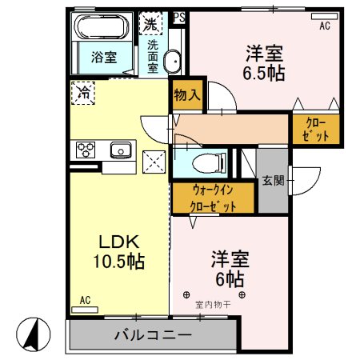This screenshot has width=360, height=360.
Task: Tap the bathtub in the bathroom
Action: pyautogui.click(x=102, y=27)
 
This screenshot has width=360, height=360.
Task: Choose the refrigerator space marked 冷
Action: pyautogui.click(x=82, y=93)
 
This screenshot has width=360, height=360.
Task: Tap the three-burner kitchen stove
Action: pyautogui.click(x=86, y=149)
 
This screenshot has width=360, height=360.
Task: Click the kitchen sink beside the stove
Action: pyautogui.click(x=121, y=149)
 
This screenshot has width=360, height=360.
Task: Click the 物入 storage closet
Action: pyautogui.click(x=186, y=96)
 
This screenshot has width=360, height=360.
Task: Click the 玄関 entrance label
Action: pyautogui.click(x=273, y=181)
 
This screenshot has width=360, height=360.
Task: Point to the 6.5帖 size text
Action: pyautogui.click(x=264, y=70)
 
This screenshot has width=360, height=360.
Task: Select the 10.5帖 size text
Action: pyautogui.click(x=118, y=262)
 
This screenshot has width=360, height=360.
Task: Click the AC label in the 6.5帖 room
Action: pyautogui.click(x=324, y=26)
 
